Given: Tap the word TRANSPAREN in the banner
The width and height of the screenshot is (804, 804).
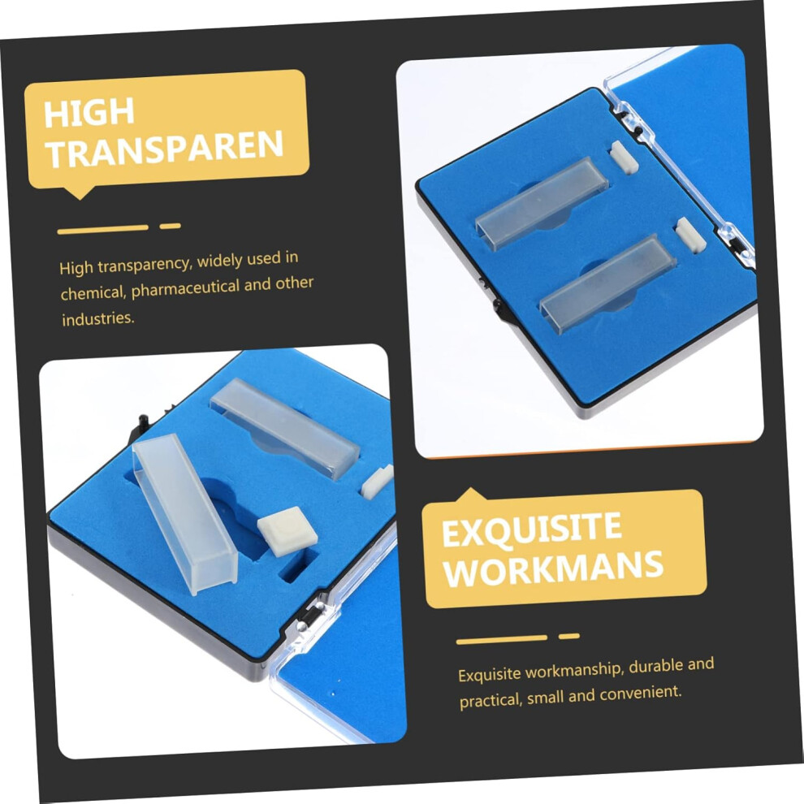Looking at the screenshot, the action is [165, 148].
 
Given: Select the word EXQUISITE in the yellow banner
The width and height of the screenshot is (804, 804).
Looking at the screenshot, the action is [532, 530].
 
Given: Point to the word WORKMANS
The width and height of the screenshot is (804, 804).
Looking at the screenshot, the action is [554, 568].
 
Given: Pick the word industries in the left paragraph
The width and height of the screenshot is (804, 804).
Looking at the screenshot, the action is [98, 318].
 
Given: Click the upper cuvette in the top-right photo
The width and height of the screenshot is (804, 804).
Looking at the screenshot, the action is [542, 203].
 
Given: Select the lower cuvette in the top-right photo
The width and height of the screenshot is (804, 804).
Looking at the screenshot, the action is [607, 283].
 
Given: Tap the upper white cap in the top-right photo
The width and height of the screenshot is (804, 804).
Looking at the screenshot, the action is [624, 158].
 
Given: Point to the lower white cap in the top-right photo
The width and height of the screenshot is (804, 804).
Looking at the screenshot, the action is [690, 235].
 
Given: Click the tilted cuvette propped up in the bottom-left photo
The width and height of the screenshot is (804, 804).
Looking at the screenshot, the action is [184, 514].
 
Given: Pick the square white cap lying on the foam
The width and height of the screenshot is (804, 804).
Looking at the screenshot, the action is [287, 531].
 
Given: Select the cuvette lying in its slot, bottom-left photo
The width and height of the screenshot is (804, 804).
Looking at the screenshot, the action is [285, 429].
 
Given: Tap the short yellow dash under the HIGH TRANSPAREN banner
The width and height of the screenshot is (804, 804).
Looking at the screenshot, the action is [170, 226].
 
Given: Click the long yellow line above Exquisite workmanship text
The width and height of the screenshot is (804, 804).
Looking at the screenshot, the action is [501, 639].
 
